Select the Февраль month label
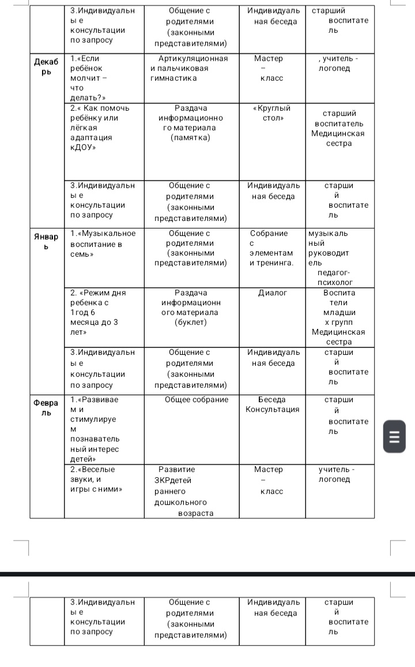(46, 408)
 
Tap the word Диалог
(272, 293)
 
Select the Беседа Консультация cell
(272, 404)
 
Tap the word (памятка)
(191, 137)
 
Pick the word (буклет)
(190, 322)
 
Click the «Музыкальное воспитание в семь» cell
(103, 243)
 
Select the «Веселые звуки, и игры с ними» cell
(96, 479)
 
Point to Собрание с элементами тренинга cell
(271, 248)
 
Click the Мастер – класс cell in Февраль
(269, 480)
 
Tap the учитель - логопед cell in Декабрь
(337, 63)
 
